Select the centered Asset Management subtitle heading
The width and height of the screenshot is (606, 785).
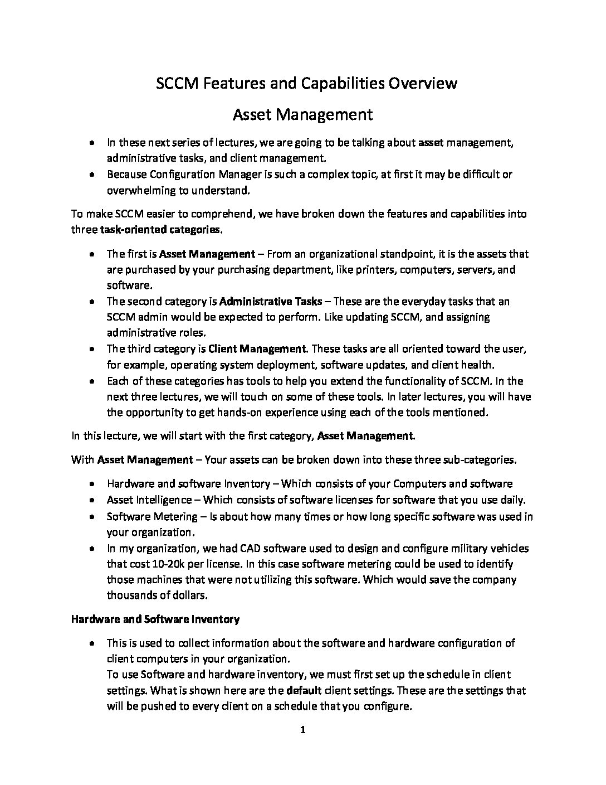click(302, 115)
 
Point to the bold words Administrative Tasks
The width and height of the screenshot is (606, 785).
click(271, 302)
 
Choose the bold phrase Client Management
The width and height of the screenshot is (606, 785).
click(257, 350)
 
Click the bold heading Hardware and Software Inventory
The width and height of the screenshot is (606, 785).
click(155, 619)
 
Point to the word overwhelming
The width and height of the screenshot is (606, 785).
click(140, 191)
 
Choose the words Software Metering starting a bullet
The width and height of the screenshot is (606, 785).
click(152, 516)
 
